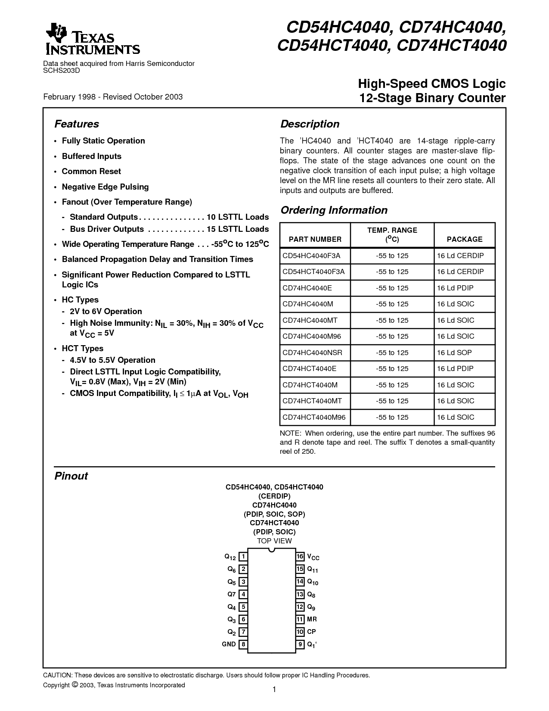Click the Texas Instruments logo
coord(92,39)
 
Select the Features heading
coord(77,124)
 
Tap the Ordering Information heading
coord(334,210)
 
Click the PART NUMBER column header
coord(315,239)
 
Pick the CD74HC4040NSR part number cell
coord(312,352)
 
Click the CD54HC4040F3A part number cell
coord(311,256)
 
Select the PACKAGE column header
coord(464,239)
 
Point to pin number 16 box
coord(300,557)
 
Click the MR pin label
coord(312,619)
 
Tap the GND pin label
coord(229,644)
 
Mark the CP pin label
coord(311,632)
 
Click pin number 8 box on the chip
coord(243,645)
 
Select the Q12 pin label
coord(230,557)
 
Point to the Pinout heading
coord(71,476)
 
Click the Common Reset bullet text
coord(91,172)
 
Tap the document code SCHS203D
coord(62,71)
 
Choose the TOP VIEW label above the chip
coord(274,541)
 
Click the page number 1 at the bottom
coord(274,690)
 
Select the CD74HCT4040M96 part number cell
coord(314,417)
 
